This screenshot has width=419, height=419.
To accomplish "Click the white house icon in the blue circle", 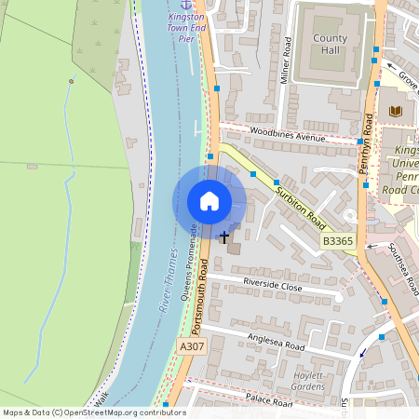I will coord(209,201).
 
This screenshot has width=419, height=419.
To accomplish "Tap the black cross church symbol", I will coord(224,237).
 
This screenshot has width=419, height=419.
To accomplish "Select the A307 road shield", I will coord(191,346).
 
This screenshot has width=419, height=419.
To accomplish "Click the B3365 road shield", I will coord(338,241).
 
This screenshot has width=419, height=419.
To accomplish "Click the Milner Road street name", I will coord(288,61).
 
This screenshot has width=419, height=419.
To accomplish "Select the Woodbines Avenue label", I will coord(287,136).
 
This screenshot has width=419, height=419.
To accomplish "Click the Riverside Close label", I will coord(273,286).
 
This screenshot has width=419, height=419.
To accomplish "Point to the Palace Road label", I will coord(270,400).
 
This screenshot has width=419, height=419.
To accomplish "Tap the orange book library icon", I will coord(396,112).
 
